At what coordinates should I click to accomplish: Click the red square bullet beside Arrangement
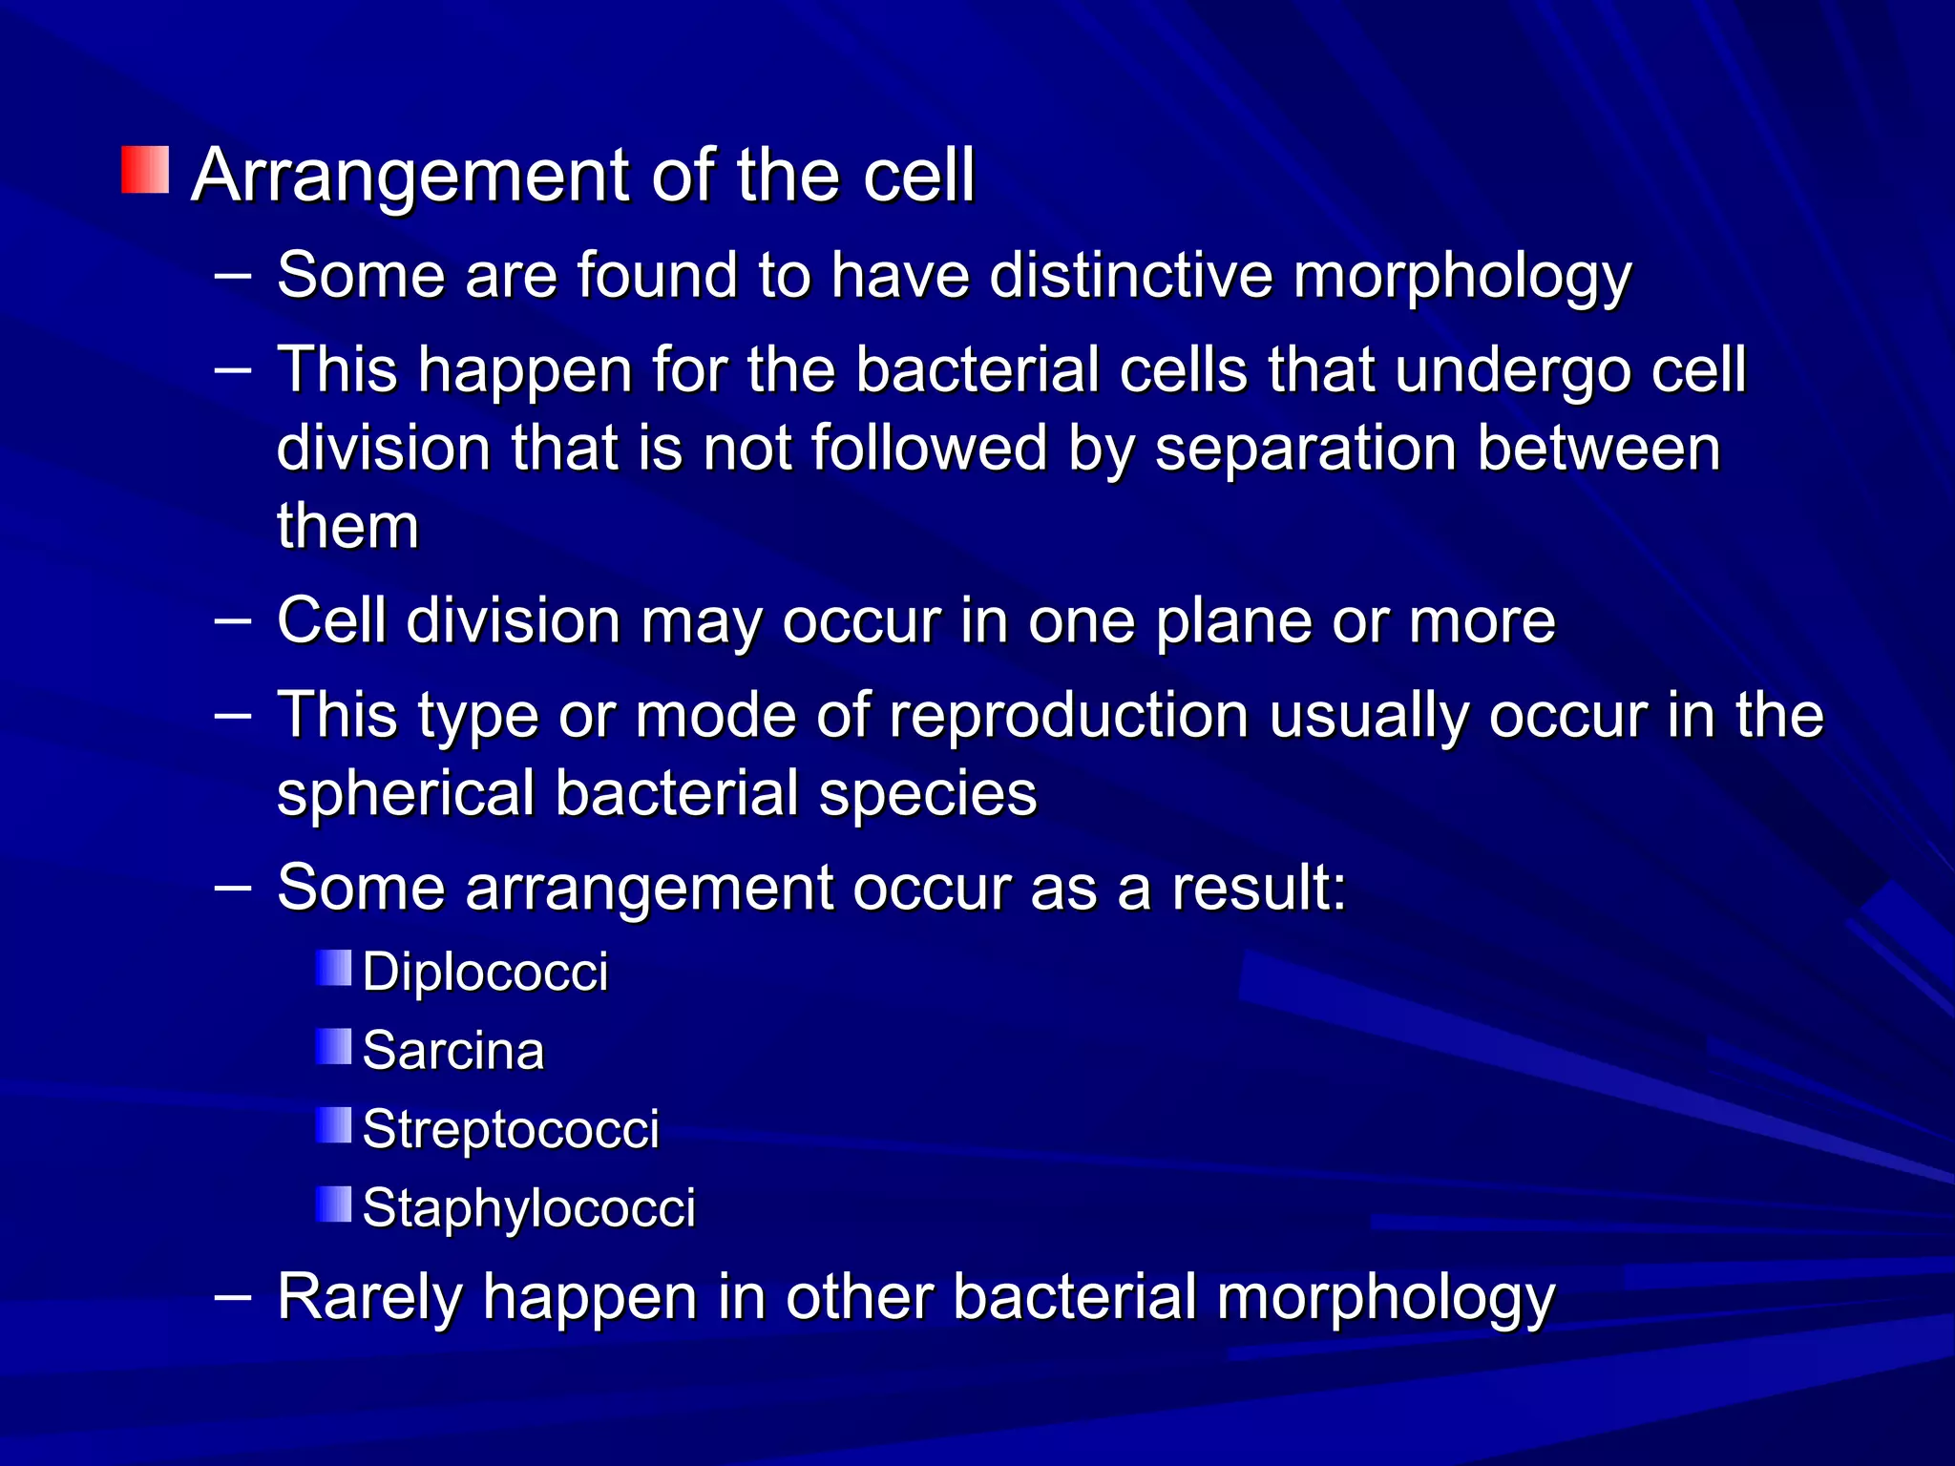(x=145, y=170)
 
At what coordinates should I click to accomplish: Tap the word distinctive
(x=1130, y=276)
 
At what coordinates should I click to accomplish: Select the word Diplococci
(x=485, y=973)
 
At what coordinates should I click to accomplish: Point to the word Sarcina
(x=453, y=1051)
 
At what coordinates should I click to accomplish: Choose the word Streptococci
(x=511, y=1129)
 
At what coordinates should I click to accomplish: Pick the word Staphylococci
(x=529, y=1207)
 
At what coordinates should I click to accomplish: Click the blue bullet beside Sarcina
(x=334, y=1047)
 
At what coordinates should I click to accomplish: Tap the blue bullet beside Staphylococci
(x=334, y=1204)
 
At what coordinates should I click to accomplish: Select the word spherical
(x=406, y=793)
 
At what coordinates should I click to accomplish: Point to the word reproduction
(x=1069, y=715)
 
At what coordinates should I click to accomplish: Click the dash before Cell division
(x=233, y=620)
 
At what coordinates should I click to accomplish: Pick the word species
(x=927, y=793)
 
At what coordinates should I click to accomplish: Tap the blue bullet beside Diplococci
(x=334, y=968)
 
